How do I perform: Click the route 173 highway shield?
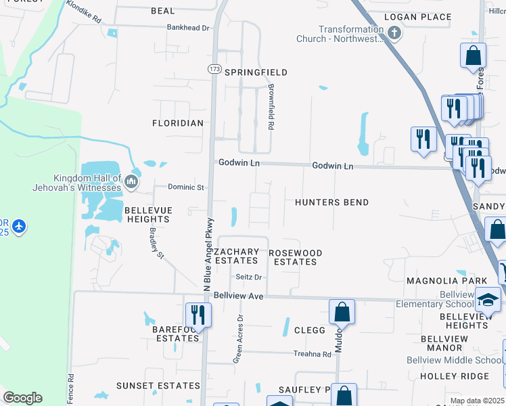point(214,69)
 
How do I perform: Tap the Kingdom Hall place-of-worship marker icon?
point(131,181)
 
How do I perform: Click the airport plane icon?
point(19,226)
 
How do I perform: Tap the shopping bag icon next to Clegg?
point(342,312)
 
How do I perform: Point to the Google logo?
point(22,398)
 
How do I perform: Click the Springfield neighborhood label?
point(256,72)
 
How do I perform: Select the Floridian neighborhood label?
point(178,123)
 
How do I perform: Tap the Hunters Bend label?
point(332,202)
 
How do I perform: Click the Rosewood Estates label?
point(296,257)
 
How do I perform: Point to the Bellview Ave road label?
point(238,296)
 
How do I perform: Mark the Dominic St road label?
point(186,187)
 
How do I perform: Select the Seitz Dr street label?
point(248,277)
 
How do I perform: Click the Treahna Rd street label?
point(312,354)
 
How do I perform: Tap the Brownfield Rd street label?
point(270,107)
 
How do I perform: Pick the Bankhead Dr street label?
point(189,28)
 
